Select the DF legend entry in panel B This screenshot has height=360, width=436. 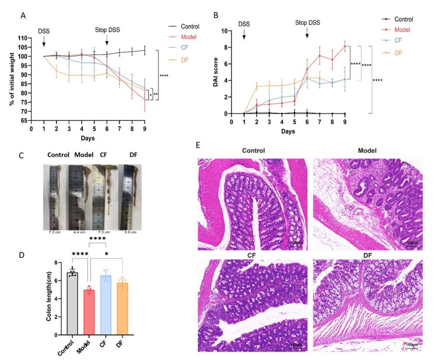point(399,52)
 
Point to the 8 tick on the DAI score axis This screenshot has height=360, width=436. point(225,48)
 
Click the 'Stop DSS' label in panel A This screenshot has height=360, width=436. point(107,30)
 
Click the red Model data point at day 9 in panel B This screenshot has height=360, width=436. point(345,46)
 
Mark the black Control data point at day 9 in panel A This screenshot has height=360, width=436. point(144,51)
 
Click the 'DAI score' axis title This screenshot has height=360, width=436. point(215,72)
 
